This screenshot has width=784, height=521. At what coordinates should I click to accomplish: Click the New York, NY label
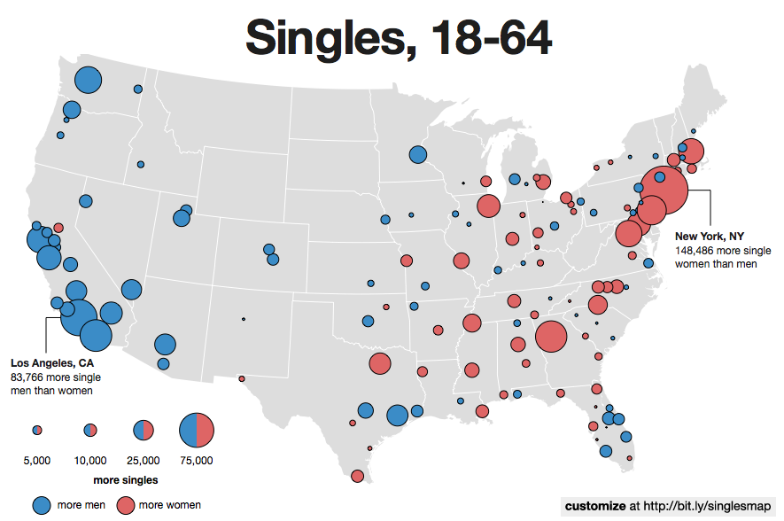[709, 236]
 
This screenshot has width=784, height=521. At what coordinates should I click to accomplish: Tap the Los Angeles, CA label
[51, 362]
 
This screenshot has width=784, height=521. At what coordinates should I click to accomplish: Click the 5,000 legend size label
[36, 461]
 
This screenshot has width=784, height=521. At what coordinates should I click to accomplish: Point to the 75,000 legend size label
[197, 461]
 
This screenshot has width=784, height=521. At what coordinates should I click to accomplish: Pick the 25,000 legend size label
[144, 461]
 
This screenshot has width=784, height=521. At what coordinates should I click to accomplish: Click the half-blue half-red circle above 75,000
[197, 431]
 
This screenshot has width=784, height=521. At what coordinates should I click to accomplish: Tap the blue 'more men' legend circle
[42, 505]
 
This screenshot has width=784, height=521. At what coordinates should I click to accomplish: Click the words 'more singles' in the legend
[126, 480]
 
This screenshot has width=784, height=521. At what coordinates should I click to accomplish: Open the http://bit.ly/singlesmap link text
[707, 506]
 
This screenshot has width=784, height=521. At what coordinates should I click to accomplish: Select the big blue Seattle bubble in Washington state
[88, 81]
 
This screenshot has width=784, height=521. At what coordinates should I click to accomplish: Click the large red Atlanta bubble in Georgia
[551, 337]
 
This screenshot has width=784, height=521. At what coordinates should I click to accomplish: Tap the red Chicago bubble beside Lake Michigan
[487, 206]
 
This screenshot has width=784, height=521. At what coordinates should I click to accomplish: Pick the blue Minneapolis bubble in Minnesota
[417, 155]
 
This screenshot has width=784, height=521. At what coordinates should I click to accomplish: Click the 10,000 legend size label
[90, 461]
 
